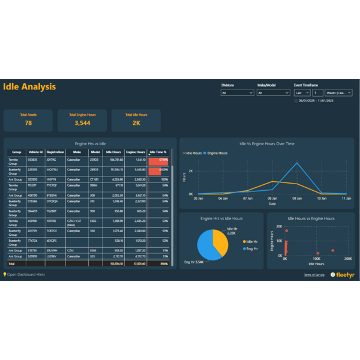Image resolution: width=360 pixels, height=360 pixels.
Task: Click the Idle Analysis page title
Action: point(29,87)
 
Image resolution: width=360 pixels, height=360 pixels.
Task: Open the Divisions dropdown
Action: point(238,93)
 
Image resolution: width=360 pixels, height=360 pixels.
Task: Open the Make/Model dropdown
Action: point(273,93)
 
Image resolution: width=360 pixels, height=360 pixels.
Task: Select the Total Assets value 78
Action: point(28,123)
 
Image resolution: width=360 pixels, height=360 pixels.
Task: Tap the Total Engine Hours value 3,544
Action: point(82,123)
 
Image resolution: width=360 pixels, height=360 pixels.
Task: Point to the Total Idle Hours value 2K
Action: point(136,123)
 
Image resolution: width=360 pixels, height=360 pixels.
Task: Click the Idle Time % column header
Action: point(158,152)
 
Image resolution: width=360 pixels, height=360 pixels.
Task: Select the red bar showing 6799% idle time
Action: point(158,160)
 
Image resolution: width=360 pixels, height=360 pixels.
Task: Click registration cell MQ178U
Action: point(52,170)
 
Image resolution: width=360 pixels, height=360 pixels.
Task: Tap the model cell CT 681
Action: point(94,179)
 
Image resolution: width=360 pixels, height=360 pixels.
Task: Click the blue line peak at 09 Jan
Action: point(297,163)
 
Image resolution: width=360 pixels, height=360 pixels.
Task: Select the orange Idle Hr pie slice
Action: point(221,239)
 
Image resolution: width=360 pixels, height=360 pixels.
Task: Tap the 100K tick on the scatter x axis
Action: point(316,259)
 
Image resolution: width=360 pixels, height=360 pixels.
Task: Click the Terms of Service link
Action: point(314,275)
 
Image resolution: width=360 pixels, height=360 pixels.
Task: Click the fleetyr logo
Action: point(342,275)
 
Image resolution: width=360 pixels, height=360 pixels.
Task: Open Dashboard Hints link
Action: point(24,275)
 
